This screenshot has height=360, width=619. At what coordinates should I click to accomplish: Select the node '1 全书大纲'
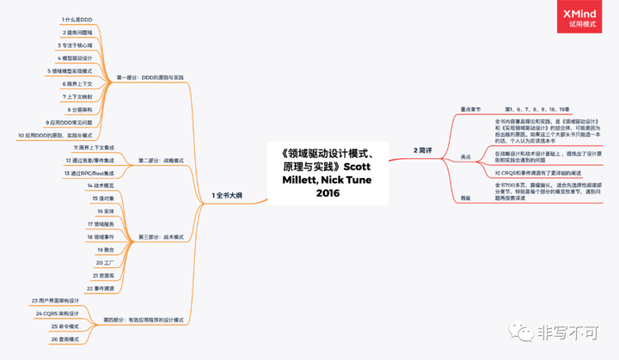coord(227,196)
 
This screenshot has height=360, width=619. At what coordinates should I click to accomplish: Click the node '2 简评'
coord(426,150)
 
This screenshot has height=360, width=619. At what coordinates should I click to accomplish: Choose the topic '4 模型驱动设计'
coord(83,58)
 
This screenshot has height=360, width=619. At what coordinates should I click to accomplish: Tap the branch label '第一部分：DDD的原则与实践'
coord(150,77)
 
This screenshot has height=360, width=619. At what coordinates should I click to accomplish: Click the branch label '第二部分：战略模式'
coord(161,160)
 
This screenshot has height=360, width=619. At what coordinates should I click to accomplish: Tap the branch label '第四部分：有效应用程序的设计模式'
coord(144,319)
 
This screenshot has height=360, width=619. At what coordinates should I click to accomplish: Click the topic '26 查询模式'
coord(65,339)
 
